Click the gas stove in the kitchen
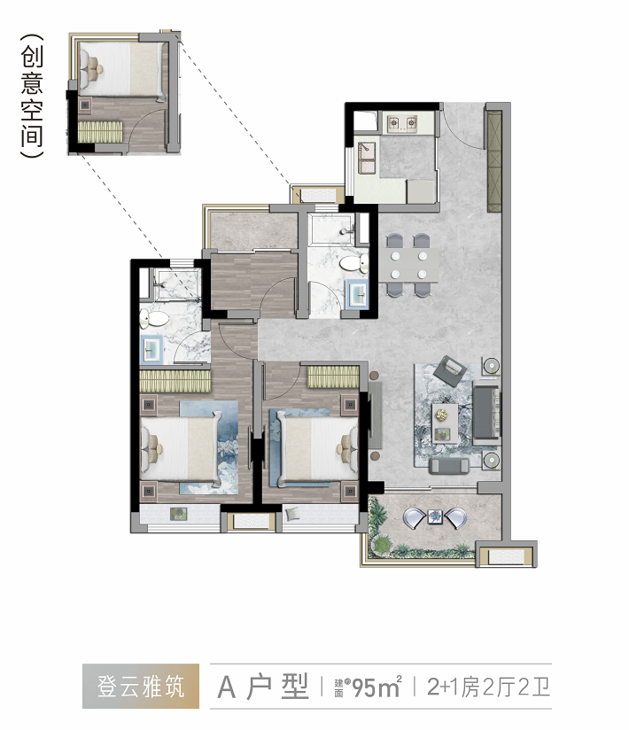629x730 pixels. pyautogui.click(x=402, y=123)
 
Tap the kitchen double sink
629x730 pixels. pyautogui.click(x=367, y=158)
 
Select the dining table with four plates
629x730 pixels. pyautogui.click(x=408, y=264)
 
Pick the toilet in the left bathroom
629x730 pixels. pyautogui.click(x=154, y=319)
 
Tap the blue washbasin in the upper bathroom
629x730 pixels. pyautogui.click(x=357, y=294)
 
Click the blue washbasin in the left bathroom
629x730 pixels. pyautogui.click(x=151, y=350)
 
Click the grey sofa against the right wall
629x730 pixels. pyautogui.click(x=486, y=412)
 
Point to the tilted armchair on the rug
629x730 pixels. pyautogui.click(x=450, y=370)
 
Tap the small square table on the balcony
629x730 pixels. pyautogui.click(x=436, y=516)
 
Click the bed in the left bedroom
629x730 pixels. pyautogui.click(x=181, y=448)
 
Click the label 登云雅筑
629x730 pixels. pyautogui.click(x=141, y=687)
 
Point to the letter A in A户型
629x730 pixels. pyautogui.click(x=226, y=687)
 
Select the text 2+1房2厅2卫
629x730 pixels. pyautogui.click(x=489, y=687)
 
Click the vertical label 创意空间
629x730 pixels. pyautogui.click(x=32, y=96)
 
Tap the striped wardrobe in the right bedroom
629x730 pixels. pyautogui.click(x=333, y=377)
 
